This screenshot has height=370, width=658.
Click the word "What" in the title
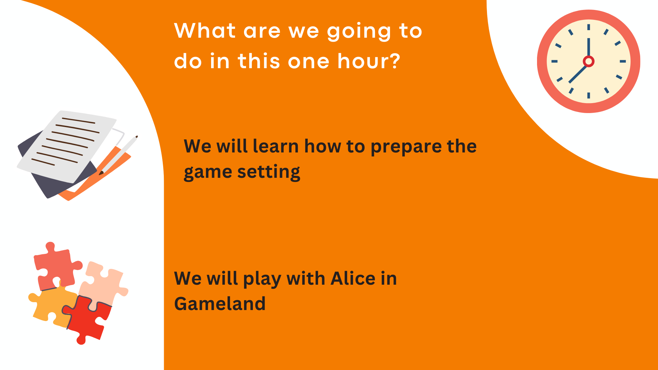pyautogui.click(x=205, y=30)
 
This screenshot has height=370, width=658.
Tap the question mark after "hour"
pyautogui.click(x=395, y=61)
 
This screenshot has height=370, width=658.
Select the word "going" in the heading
pyautogui.click(x=358, y=32)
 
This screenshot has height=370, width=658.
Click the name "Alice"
pyautogui.click(x=353, y=278)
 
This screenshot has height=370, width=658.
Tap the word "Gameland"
pyautogui.click(x=220, y=304)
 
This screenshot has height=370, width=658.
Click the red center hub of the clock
pyautogui.click(x=588, y=61)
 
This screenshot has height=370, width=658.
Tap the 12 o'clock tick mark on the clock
pyautogui.click(x=588, y=27)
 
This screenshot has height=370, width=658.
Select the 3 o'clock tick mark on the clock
pyautogui.click(x=623, y=61)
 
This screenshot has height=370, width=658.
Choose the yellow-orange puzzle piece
pyautogui.click(x=51, y=305)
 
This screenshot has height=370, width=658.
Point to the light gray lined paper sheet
pyautogui.click(x=67, y=147)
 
